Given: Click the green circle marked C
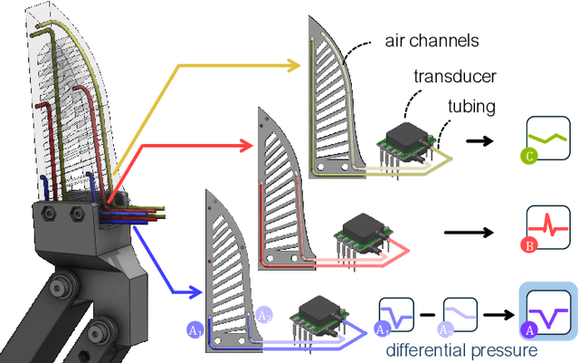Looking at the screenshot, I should (x=525, y=156).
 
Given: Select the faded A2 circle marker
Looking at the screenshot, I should (x=263, y=315).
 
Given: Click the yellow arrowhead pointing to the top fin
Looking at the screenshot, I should (x=296, y=65).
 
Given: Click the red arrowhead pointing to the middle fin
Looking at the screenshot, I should (x=245, y=142).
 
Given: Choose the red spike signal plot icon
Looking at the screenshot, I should (x=549, y=226).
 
